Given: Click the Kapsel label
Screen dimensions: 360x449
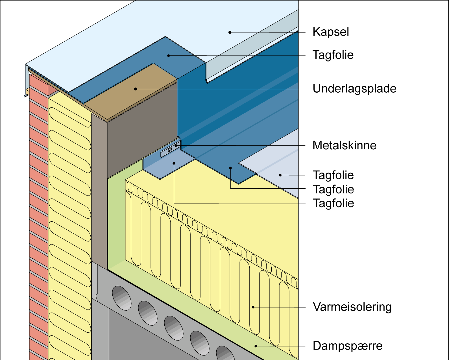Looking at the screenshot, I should pos(331,32).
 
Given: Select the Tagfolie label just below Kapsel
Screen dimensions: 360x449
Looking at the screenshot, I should pos(333,55).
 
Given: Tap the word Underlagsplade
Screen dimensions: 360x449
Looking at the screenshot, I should pos(354,89).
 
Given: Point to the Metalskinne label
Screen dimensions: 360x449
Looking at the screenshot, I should pos(345,145).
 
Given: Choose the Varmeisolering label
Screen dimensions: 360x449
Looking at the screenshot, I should pos(352,307).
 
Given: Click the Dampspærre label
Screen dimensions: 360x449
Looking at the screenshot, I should pos(348,346).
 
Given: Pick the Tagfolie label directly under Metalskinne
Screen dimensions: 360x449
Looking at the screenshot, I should pos(333,175).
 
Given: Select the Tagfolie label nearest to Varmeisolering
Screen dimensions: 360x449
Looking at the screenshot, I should pos(333,203).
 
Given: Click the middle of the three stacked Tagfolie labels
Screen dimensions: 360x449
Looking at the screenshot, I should pos(333,189).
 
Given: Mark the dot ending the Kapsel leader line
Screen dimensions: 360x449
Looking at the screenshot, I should pos(230,32).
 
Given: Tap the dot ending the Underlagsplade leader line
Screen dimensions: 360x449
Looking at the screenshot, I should pos(136,89).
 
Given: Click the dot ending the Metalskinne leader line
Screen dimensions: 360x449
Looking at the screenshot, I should pos(176,145).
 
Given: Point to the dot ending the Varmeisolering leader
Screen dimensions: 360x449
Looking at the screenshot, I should pos(253,307).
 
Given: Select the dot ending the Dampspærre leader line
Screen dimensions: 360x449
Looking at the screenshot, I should pos(256,346).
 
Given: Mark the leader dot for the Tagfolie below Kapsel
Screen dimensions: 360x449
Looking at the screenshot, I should pos(169,56).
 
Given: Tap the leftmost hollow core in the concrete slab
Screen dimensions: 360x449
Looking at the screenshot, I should pos(122,298).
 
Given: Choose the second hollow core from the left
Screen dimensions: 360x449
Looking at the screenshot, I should pos(148,313).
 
